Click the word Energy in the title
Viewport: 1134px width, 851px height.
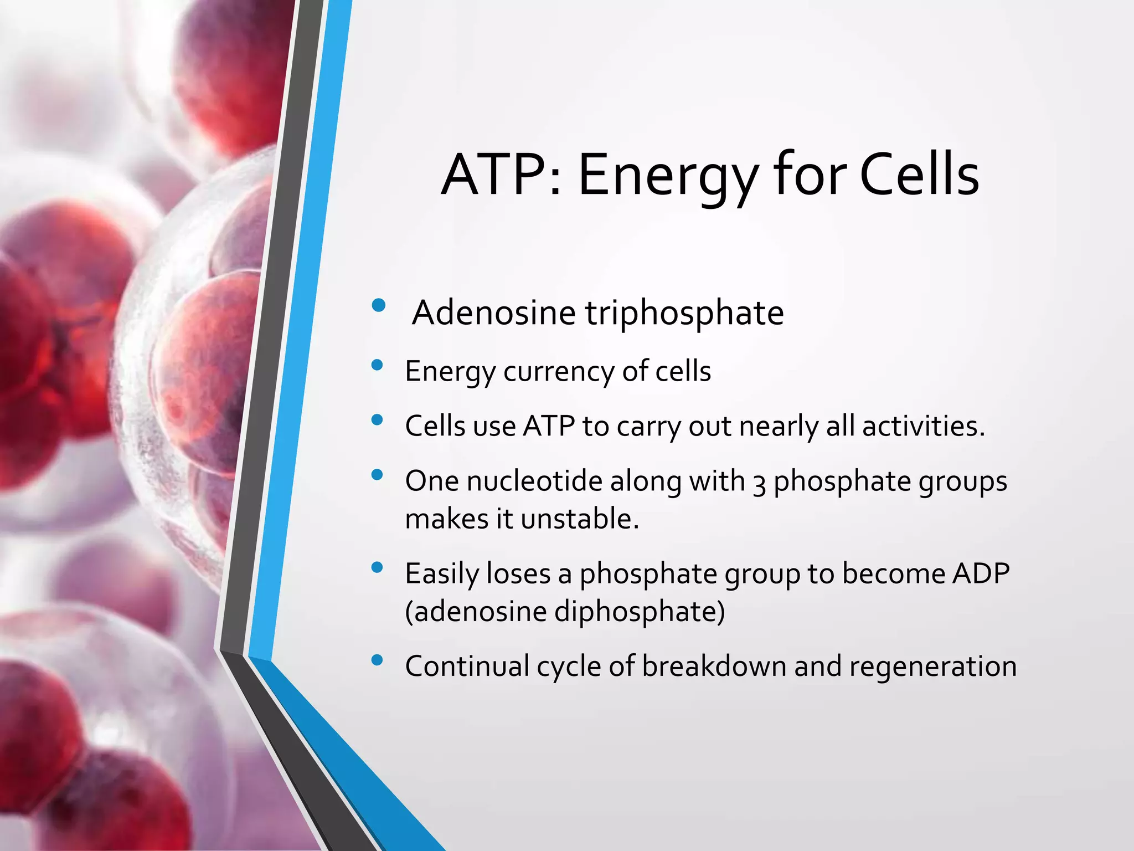tap(667, 176)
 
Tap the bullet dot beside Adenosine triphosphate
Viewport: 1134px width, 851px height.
tap(379, 305)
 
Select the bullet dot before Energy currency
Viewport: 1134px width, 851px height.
tap(378, 365)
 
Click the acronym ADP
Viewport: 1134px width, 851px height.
tap(981, 573)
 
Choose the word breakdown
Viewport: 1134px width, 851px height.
tap(714, 666)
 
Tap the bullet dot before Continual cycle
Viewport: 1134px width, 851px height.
tap(378, 659)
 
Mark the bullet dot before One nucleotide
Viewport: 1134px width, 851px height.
tap(378, 474)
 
